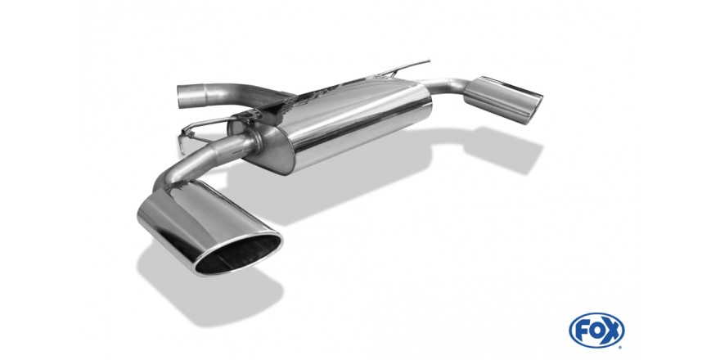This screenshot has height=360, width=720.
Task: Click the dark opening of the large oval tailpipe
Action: pyautogui.click(x=239, y=254)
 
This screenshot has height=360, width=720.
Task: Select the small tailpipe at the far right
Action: pyautogui.click(x=503, y=100)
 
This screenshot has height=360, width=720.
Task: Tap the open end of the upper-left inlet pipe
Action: pyautogui.click(x=182, y=97)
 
